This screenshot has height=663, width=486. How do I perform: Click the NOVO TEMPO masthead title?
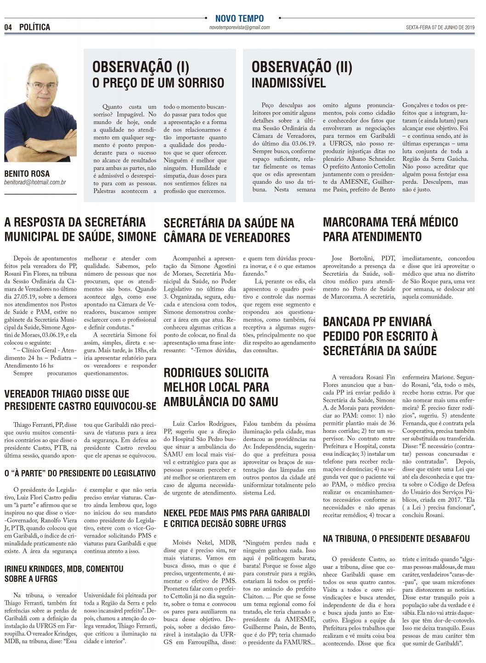click(239, 18)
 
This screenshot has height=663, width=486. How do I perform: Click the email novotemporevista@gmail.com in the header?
click(239, 28)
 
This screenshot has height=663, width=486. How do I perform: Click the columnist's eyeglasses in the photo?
click(42, 85)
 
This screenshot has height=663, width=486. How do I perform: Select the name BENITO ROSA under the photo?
click(27, 174)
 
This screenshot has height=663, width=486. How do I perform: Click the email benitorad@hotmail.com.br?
click(35, 182)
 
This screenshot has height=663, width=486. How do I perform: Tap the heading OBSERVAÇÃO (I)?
click(141, 67)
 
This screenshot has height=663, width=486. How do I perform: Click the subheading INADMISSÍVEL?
click(288, 83)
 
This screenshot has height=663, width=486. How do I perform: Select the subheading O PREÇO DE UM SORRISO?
click(158, 83)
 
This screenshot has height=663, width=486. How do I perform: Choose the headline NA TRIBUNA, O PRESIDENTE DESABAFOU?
click(396, 538)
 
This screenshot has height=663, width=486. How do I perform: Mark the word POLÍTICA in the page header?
click(35, 28)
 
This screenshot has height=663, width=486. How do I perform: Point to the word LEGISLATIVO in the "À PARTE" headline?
click(130, 473)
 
